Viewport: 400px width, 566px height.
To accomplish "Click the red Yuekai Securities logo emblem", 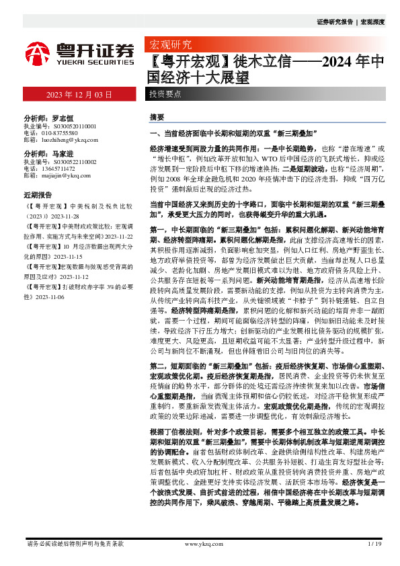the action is pyautogui.click(x=38, y=52).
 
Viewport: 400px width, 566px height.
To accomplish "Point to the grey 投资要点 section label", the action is pyautogui.click(x=165, y=94).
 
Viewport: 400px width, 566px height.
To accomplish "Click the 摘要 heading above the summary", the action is pyautogui.click(x=156, y=116).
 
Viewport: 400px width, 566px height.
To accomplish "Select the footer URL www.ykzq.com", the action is pyautogui.click(x=199, y=543).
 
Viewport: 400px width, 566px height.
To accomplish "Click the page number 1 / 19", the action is pyautogui.click(x=375, y=543).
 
